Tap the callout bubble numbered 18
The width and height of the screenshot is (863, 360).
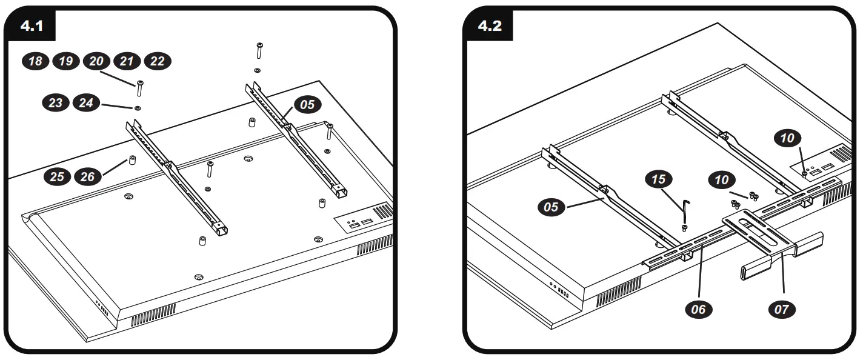36,61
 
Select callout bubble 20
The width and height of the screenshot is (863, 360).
95,61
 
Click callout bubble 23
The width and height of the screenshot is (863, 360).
56,102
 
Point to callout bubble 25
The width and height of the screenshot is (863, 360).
57,177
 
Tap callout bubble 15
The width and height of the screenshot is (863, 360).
659,179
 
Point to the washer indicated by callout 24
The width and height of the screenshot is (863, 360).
138,108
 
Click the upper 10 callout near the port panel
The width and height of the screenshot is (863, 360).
787,138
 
